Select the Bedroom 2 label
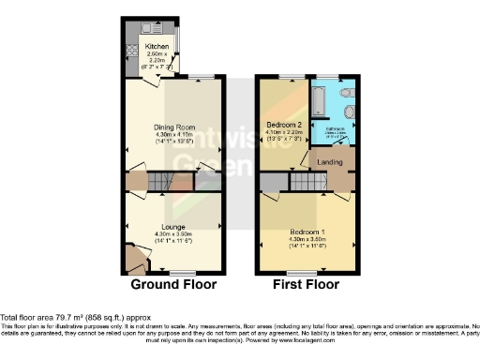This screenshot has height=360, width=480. pyautogui.click(x=285, y=125)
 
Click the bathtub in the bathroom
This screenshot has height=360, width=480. pyautogui.click(x=319, y=97)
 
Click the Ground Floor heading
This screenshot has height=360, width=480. pyautogui.click(x=173, y=284)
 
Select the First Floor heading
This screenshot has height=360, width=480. pyautogui.click(x=307, y=284)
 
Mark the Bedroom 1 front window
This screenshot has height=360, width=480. pyautogui.click(x=307, y=273)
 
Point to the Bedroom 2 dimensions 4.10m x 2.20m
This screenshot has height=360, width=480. pyautogui.click(x=285, y=133)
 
